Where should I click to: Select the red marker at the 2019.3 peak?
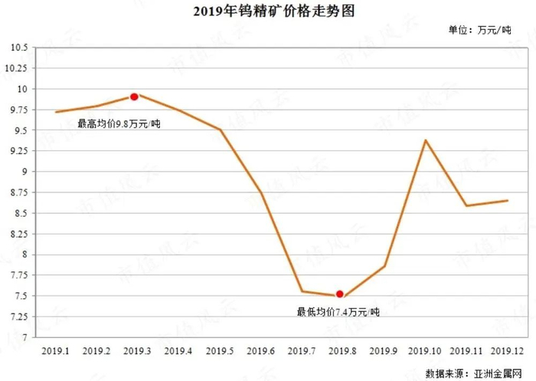click(134, 97)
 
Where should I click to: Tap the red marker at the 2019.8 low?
click(340, 294)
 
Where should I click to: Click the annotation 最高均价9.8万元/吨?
click(119, 123)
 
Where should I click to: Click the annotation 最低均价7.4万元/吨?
click(337, 312)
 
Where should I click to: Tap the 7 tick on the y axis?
click(23, 337)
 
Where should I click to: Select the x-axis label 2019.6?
click(260, 350)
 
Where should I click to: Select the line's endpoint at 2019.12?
click(508, 201)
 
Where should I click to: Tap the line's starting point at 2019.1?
click(55, 112)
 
